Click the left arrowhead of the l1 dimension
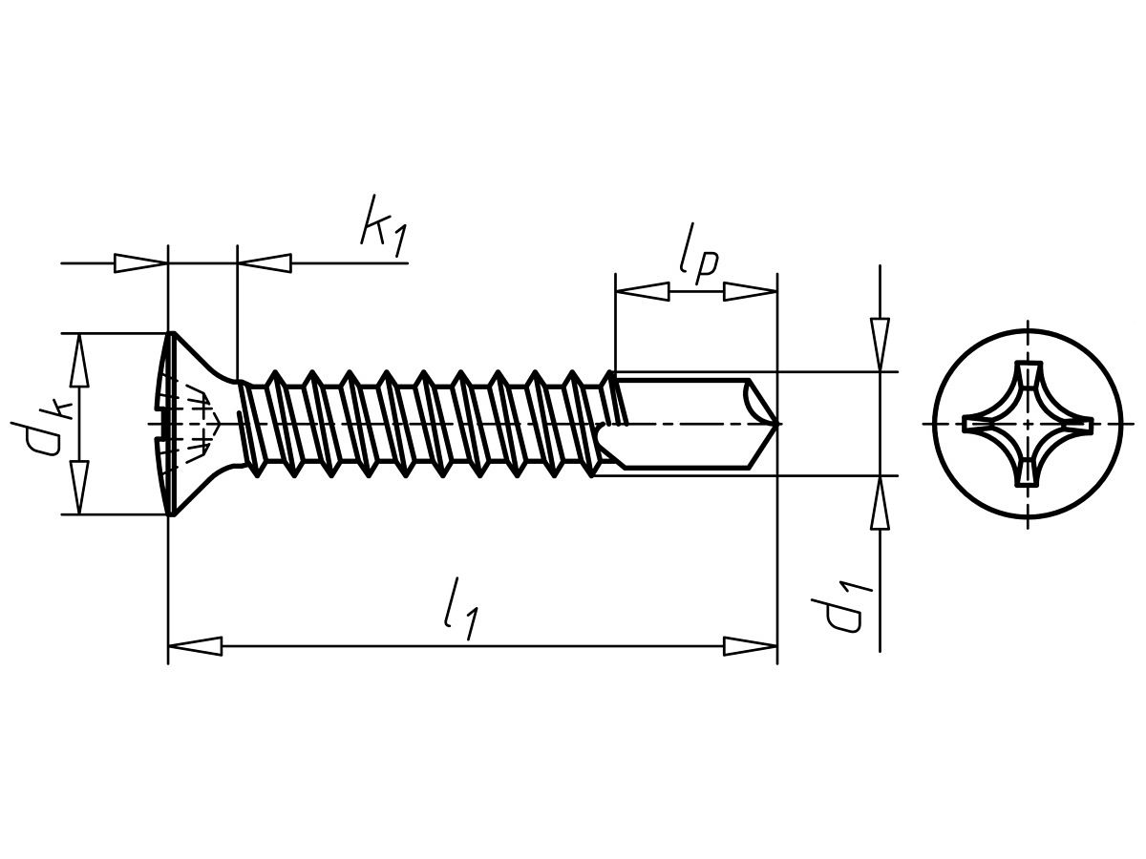195,646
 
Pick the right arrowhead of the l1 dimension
751,646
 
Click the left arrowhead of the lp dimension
642,290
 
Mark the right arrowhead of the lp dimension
751,290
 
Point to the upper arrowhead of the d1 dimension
880,345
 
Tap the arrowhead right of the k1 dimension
264,262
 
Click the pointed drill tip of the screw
775,422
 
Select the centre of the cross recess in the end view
1028,423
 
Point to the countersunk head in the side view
196,423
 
